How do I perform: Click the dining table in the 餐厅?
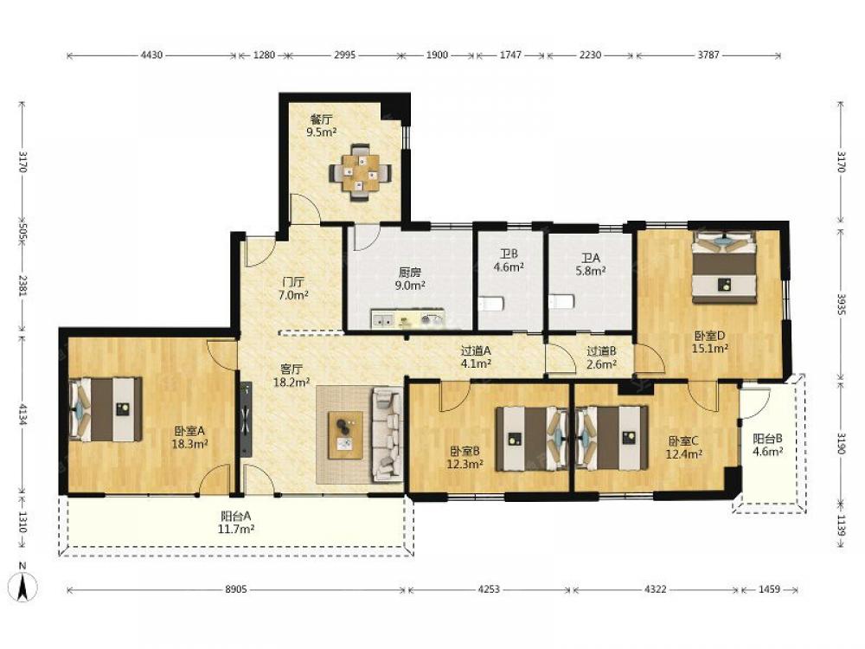(x=360, y=173)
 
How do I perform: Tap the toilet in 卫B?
(x=490, y=304)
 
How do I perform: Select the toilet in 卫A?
(x=561, y=301)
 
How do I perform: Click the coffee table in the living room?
(x=346, y=435)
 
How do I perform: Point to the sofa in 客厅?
(x=388, y=434)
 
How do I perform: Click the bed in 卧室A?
(x=105, y=409)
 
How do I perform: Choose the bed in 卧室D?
(x=724, y=267)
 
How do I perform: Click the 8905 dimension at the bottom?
(x=235, y=589)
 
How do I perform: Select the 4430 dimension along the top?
(x=151, y=55)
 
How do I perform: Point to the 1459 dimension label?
(x=769, y=589)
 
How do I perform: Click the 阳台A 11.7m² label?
(x=237, y=522)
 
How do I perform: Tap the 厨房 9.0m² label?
(x=410, y=279)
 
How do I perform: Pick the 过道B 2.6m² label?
(x=601, y=357)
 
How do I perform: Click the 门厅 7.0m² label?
(x=292, y=288)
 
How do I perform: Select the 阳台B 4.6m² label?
(x=768, y=445)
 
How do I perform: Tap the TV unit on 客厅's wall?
(x=245, y=420)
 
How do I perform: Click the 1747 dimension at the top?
(x=510, y=55)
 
